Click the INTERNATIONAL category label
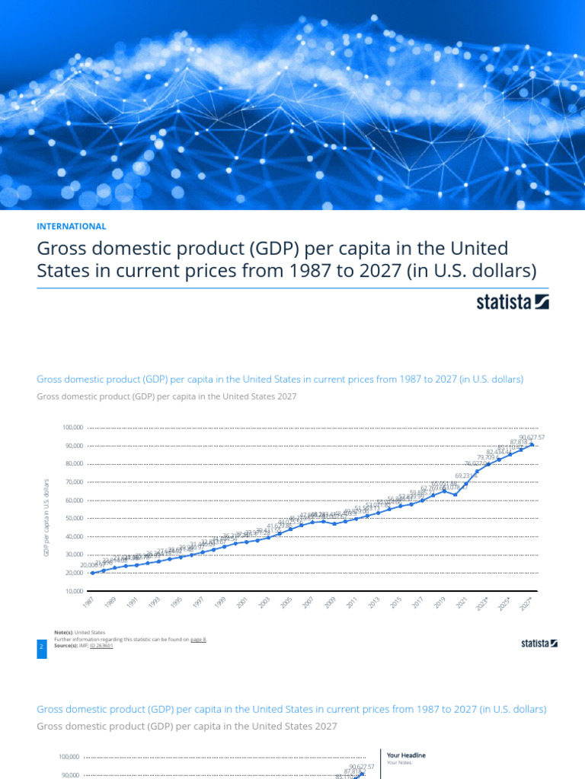click(x=71, y=226)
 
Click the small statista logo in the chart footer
click(x=539, y=644)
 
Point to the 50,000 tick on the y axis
click(x=74, y=519)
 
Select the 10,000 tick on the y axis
click(x=74, y=591)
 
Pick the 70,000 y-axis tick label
click(x=74, y=482)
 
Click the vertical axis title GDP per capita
click(x=46, y=517)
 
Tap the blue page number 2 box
click(x=41, y=647)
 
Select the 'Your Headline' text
click(x=406, y=755)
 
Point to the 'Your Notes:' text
click(x=399, y=762)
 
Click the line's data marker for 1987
click(x=93, y=573)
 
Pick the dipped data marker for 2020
click(x=455, y=494)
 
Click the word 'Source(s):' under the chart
click(x=68, y=646)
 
